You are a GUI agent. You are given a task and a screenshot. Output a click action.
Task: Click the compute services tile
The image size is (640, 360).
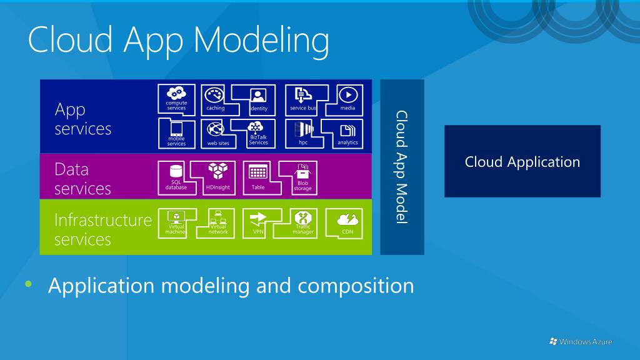176,98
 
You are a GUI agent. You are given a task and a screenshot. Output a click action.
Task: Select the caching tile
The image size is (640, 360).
216,99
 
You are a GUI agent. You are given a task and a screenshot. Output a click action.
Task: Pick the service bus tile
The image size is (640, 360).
302,99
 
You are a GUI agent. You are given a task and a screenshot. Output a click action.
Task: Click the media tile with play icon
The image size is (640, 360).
347,98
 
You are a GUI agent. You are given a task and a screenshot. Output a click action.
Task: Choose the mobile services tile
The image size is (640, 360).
176,133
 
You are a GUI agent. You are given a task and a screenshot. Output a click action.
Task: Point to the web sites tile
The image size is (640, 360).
217,133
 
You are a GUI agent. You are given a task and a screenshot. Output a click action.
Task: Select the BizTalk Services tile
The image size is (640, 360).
258,133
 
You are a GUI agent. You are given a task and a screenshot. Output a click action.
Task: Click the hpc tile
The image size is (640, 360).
302,133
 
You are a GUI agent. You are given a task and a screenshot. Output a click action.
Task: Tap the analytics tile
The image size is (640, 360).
347,133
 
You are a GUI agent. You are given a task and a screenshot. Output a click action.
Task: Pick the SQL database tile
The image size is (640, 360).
176,177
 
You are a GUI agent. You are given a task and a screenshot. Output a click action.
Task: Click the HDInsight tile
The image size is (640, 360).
218,177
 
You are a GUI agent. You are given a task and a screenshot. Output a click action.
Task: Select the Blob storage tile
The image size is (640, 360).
302,177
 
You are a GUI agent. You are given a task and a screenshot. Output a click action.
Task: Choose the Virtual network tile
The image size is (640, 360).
218,222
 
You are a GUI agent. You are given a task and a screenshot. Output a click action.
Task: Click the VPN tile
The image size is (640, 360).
258,222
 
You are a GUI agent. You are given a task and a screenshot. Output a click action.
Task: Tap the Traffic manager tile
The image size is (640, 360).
302,222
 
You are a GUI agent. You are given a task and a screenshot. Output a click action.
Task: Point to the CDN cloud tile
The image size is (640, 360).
347,222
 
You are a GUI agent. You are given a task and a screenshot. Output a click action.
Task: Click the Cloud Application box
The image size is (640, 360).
522,162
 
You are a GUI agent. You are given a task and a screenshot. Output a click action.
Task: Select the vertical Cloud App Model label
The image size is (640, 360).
402,167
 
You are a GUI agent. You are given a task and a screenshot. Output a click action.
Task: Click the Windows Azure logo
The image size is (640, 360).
581,341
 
